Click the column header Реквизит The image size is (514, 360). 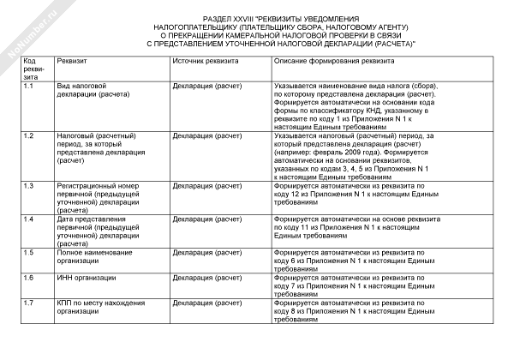click(72, 63)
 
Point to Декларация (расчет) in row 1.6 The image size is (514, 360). click(206, 278)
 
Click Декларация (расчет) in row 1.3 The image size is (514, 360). click(206, 185)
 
